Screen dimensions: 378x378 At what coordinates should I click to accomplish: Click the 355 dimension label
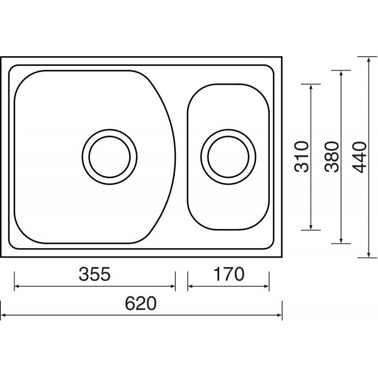pos(94,274)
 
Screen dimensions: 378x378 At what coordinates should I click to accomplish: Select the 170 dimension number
pos(229,274)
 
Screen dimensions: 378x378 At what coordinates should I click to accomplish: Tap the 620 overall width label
pos(141,303)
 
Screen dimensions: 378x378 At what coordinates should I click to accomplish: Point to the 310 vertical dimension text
pos(301,157)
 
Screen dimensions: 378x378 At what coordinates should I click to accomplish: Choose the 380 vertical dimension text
pos(332,157)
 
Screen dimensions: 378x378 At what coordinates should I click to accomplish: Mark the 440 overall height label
pos(359,157)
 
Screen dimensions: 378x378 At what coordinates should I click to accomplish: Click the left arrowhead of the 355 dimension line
pos(17,286)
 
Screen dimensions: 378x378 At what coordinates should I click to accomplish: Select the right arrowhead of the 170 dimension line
pos(266,286)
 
